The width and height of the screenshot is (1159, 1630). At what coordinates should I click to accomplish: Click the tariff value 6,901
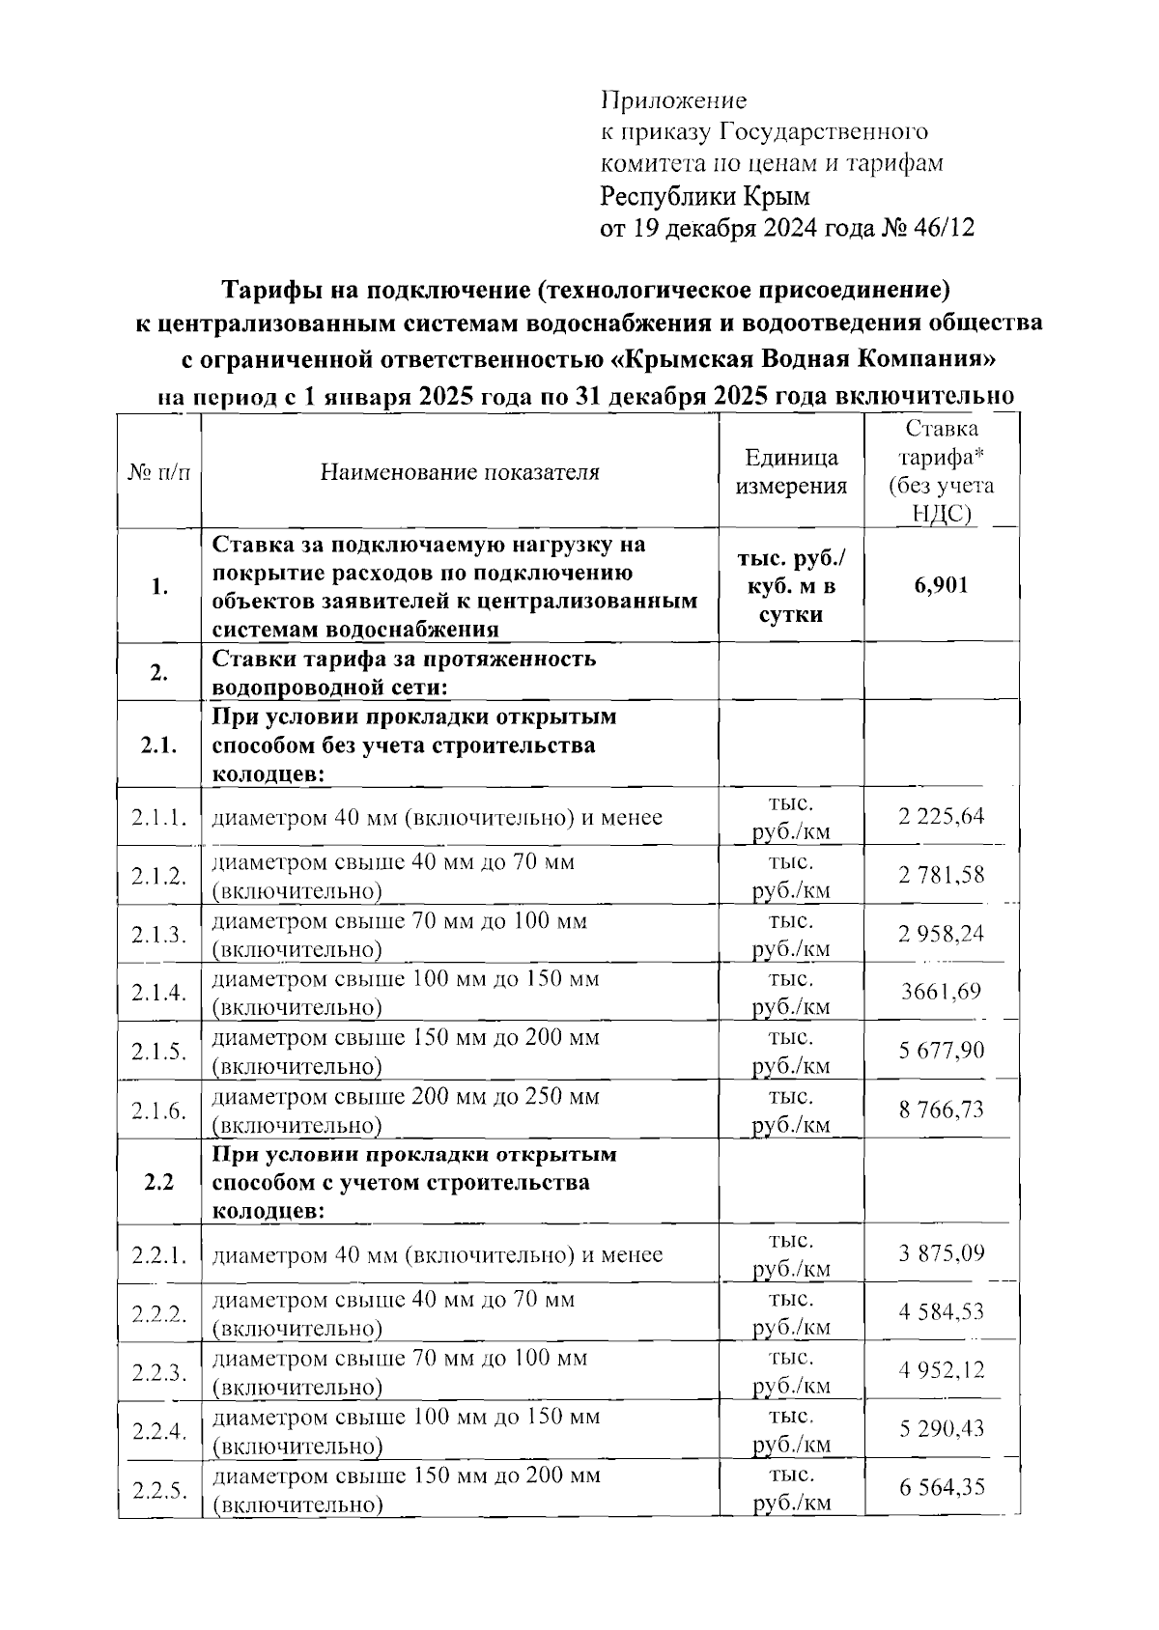coord(942,586)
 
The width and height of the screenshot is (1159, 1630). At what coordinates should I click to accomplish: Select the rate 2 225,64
coord(942,817)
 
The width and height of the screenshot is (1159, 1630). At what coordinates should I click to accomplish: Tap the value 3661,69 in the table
coord(942,992)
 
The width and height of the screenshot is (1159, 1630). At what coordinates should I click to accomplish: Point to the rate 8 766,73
coord(942,1110)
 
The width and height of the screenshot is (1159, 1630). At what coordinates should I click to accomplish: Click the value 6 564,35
coord(942,1487)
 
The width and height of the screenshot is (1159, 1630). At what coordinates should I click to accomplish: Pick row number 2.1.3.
coord(158,935)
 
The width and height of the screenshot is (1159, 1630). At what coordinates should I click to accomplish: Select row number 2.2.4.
coord(158,1430)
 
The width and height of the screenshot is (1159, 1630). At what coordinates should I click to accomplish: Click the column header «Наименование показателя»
coord(460,472)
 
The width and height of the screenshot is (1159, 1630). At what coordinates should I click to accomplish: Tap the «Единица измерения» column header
coord(791,471)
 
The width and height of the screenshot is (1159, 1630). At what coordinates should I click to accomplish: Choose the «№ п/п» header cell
coord(158,472)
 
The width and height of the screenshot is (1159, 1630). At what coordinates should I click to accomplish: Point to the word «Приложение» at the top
coord(674,100)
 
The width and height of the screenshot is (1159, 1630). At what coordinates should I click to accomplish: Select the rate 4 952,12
coord(942,1370)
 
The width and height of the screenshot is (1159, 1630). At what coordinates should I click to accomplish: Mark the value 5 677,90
coord(942,1051)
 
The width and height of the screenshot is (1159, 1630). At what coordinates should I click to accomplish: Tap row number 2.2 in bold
coord(158,1182)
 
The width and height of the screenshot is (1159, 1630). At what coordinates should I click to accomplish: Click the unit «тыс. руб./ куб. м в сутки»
coord(791,586)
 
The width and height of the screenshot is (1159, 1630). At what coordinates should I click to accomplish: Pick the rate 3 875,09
coord(942,1253)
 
